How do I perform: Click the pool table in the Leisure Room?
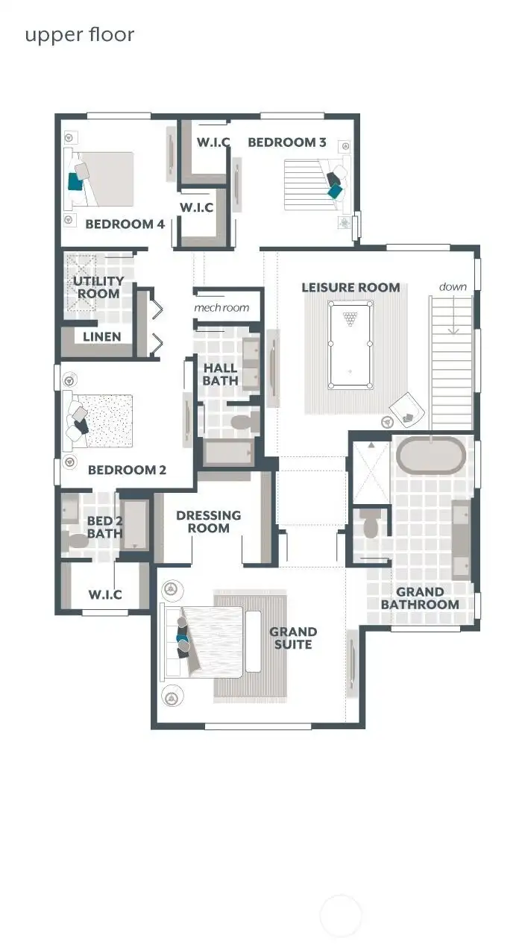350,344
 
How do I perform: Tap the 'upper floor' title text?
80,34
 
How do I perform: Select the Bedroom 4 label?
125,224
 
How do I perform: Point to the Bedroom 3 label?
287,142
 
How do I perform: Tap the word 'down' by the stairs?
453,286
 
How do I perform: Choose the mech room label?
221,308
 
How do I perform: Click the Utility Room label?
98,287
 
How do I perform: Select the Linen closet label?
102,336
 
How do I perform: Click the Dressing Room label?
208,521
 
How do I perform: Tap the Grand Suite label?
293,638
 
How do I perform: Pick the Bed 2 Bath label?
104,526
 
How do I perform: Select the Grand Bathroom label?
420,598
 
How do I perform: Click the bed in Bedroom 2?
104,421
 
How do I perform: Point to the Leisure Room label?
350,287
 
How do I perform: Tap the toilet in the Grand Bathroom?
371,526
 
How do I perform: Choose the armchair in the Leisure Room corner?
406,410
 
